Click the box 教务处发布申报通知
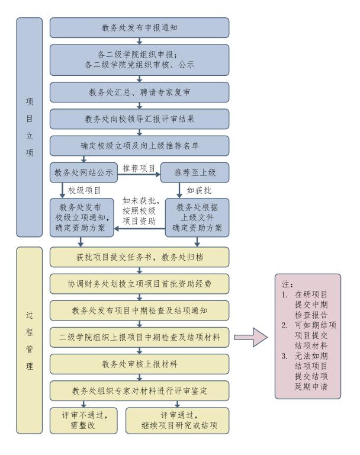pos(139,27)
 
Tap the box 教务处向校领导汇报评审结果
pos(139,118)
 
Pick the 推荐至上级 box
pos(195,173)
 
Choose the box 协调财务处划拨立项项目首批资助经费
pos(139,283)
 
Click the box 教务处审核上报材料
pos(139,363)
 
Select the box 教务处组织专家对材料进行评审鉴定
pos(139,389)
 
